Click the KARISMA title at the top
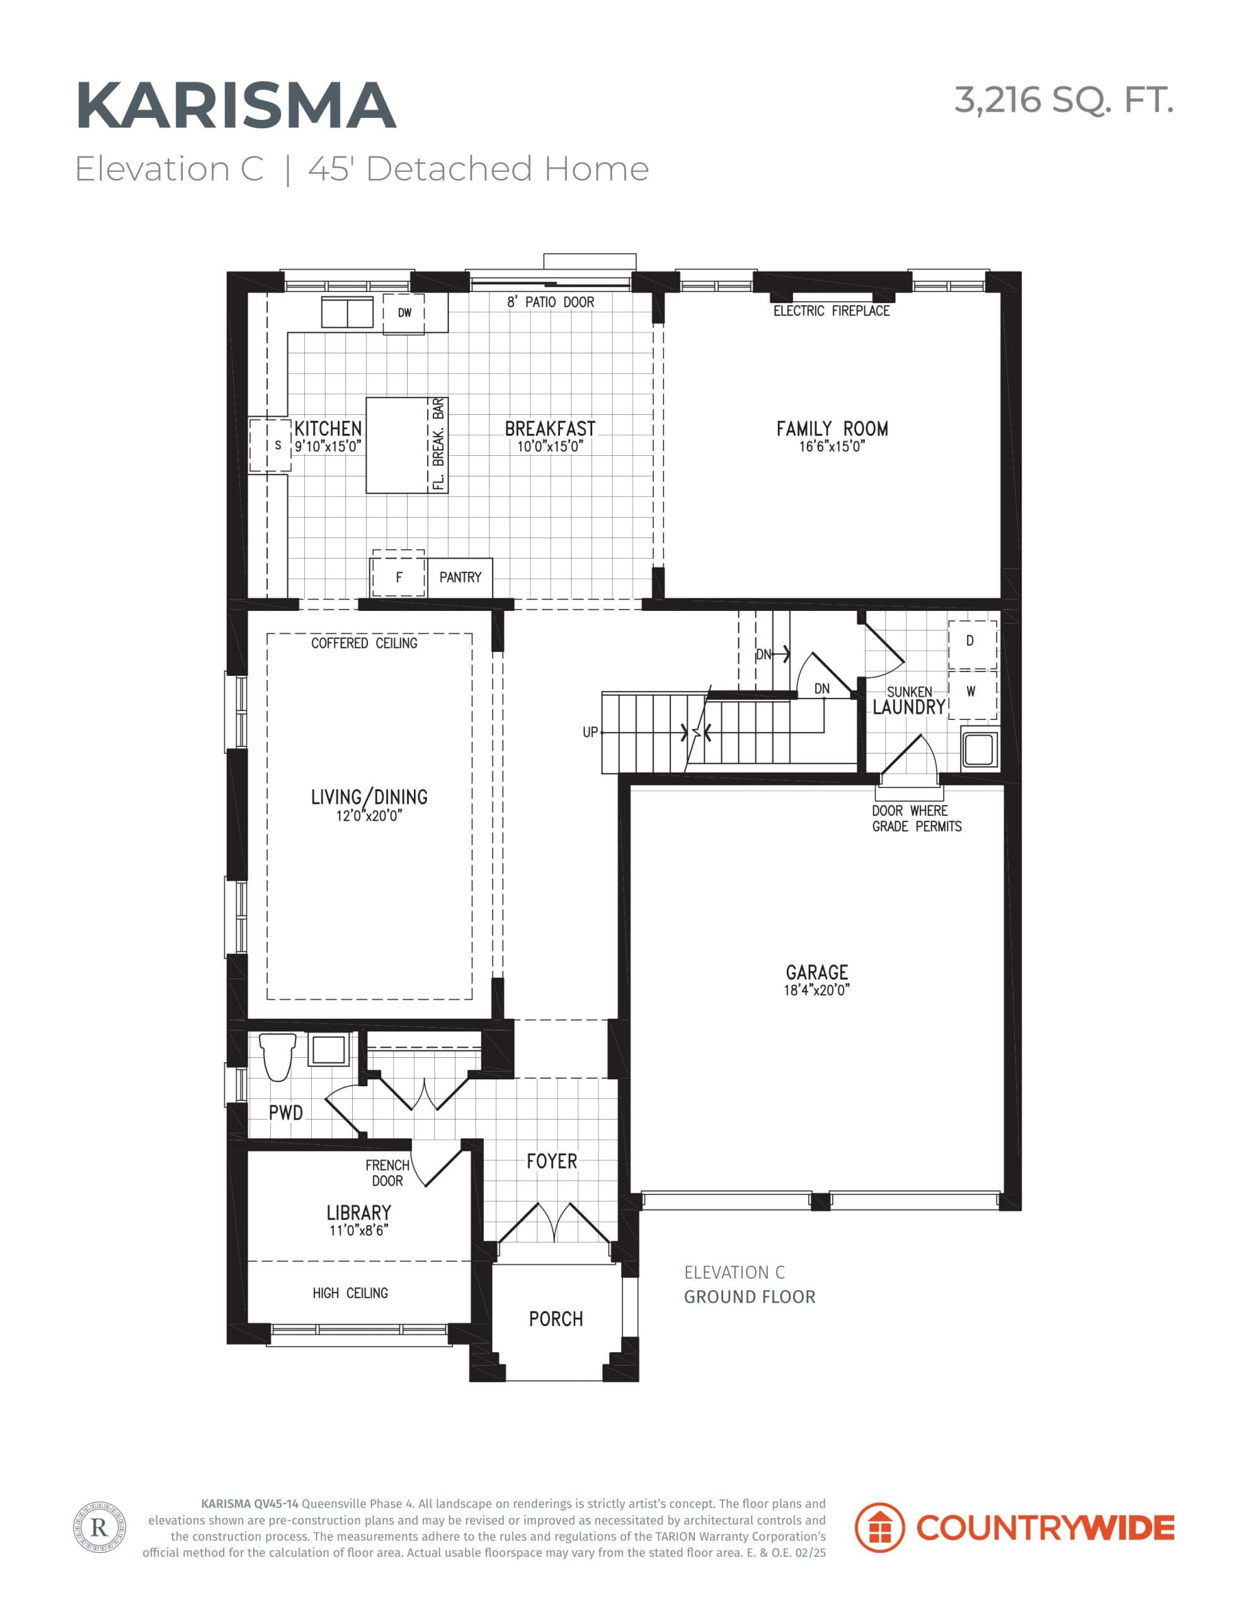coord(236,106)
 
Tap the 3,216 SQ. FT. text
coord(1063,100)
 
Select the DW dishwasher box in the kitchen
coord(404,313)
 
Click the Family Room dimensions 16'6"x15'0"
coord(832,446)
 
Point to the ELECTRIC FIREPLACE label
coord(831,311)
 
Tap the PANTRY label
coord(460,577)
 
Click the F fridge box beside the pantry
coord(399,577)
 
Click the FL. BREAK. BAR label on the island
coord(438,444)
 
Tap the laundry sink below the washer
coord(980,748)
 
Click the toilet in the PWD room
coord(278,1057)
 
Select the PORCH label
coord(556,1319)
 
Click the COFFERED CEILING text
coord(364,643)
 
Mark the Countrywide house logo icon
coord(879,1528)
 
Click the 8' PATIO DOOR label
coord(551,302)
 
